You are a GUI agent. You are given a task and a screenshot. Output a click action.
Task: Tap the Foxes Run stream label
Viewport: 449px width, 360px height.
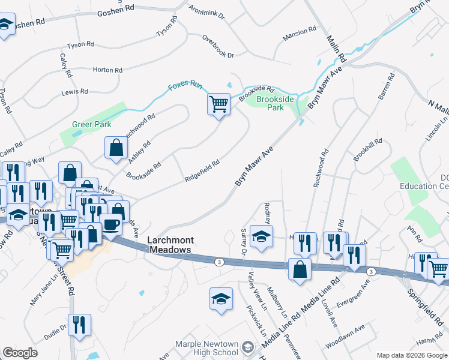tap(185, 85)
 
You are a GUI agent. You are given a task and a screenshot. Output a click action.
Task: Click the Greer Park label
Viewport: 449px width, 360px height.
tap(88, 125)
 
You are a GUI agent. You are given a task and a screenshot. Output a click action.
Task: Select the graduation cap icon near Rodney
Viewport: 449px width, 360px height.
tap(261, 236)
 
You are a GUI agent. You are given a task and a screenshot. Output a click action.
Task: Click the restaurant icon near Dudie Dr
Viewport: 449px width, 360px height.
tap(79, 325)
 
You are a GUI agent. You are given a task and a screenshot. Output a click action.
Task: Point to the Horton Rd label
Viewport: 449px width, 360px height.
tap(107, 70)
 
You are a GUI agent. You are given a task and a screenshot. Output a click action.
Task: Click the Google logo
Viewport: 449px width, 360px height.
tap(20, 353)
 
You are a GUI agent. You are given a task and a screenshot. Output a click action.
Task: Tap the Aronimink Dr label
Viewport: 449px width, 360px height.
tap(206, 13)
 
